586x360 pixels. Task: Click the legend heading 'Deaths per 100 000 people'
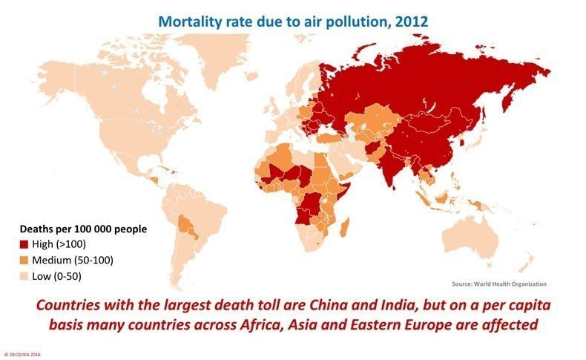(x=83, y=229)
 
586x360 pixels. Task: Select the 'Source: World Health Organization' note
(x=498, y=284)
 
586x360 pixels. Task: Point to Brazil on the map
(x=208, y=215)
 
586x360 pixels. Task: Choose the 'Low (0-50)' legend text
(x=59, y=276)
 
